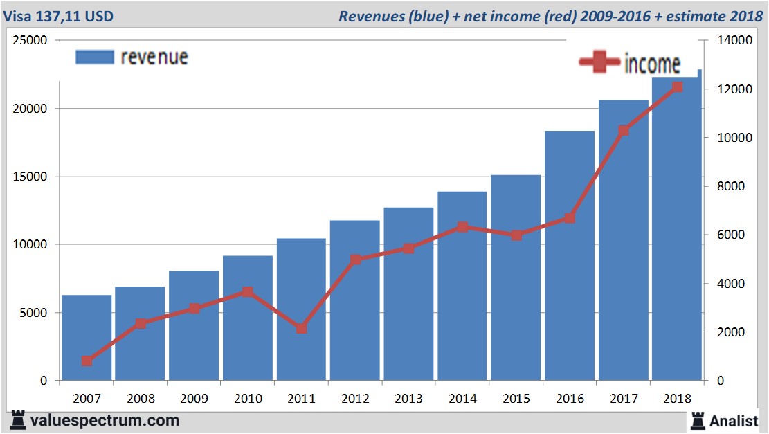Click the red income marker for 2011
click(302, 328)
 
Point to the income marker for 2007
click(87, 361)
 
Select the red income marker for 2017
click(624, 131)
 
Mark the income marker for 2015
click(516, 235)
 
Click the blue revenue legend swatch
click(94, 57)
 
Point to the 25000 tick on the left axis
click(30, 41)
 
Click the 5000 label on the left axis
click(33, 313)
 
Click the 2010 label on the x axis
click(248, 399)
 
